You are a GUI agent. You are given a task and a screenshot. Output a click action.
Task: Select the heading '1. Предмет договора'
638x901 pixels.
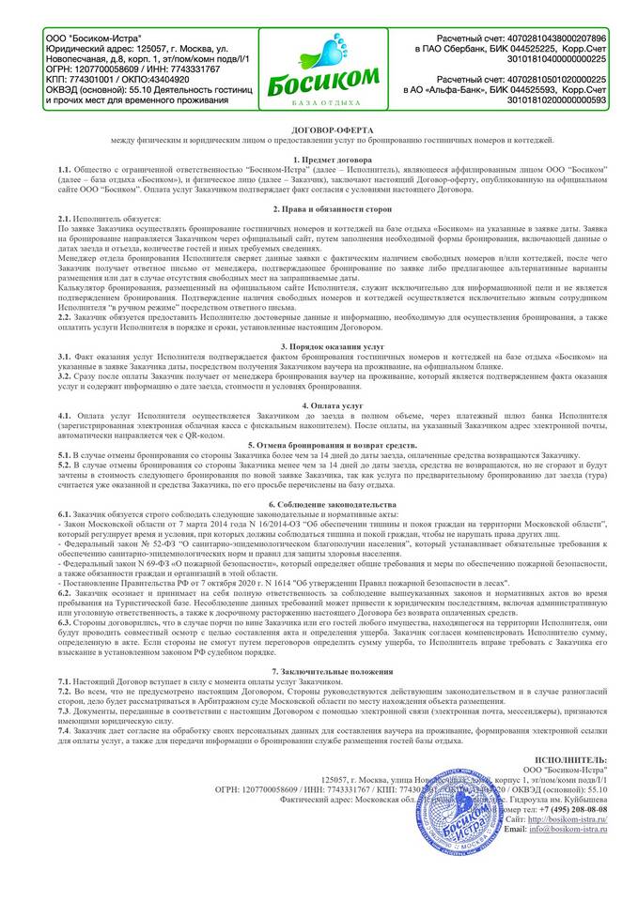(x=319, y=161)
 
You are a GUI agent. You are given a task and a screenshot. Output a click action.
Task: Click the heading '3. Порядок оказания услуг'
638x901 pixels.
(x=319, y=347)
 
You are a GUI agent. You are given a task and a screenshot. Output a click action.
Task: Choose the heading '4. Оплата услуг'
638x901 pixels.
(x=319, y=405)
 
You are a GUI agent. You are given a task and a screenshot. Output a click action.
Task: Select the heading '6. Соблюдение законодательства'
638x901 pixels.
(x=319, y=505)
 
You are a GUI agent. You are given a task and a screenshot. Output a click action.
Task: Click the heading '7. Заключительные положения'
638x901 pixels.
(x=319, y=672)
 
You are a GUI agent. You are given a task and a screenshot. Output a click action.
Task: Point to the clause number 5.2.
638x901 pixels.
(x=65, y=465)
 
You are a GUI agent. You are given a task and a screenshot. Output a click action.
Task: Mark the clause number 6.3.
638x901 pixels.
(x=65, y=622)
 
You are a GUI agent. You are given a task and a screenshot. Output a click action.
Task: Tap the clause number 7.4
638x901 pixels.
(x=65, y=728)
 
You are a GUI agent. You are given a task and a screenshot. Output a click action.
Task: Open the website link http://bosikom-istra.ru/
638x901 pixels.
(x=563, y=819)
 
